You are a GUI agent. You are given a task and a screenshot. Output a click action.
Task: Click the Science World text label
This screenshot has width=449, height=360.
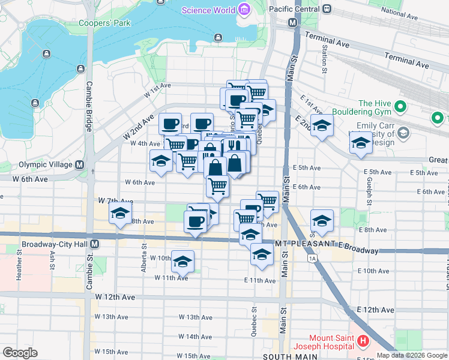208,10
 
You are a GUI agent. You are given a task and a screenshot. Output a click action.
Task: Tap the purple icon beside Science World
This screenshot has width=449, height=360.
244,10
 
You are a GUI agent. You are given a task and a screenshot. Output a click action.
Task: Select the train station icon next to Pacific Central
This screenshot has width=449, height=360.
327,9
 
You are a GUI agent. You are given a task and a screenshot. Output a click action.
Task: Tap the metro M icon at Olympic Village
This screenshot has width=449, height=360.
79,164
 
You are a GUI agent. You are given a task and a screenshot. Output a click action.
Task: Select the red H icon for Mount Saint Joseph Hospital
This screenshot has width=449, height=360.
363,342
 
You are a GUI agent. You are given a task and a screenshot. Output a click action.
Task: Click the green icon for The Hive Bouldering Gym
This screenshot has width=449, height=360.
400,108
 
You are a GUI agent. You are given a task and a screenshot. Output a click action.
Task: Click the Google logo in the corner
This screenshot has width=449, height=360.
20,353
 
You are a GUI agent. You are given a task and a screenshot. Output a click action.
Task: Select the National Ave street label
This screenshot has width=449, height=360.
400,11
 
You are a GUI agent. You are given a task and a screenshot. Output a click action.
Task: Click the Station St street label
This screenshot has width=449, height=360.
324,61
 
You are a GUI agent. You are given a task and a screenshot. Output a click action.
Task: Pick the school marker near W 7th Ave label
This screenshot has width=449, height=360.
120,214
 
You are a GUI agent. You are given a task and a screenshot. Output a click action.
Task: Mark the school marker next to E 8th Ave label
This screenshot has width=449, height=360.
322,221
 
